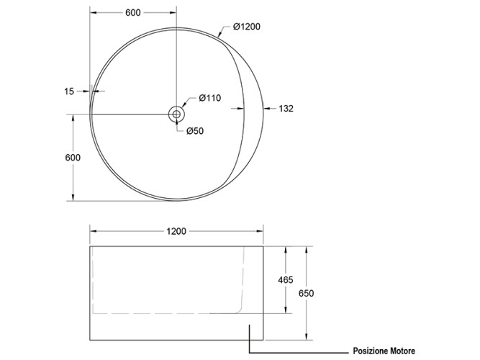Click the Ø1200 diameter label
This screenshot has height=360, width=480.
click(246, 27)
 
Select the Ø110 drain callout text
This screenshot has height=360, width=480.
click(209, 98)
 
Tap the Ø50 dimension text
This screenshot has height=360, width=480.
click(195, 131)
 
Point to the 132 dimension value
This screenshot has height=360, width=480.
click(286, 109)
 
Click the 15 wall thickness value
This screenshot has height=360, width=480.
click(69, 91)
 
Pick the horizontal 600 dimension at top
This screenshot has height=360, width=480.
click(132, 12)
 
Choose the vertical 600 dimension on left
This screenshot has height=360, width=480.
click(72, 157)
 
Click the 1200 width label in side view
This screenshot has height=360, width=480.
click(176, 232)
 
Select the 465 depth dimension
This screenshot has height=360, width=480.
click(285, 280)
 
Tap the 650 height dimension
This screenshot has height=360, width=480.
click(307, 293)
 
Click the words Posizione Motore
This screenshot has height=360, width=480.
click(384, 351)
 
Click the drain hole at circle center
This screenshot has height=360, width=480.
click(176, 114)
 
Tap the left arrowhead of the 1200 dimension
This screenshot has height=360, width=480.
click(93, 232)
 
